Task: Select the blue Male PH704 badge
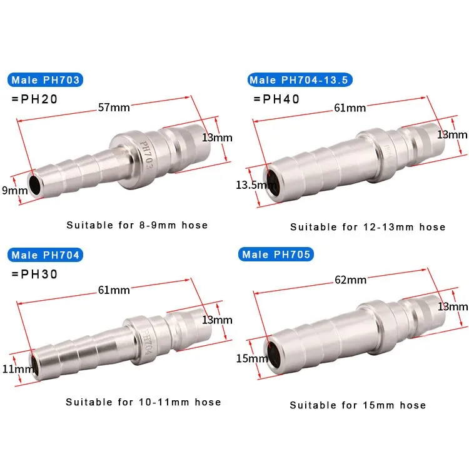pos(46,255)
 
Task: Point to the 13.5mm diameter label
pos(249,184)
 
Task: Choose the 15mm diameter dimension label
pos(251,358)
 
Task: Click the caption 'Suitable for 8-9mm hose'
pos(137,224)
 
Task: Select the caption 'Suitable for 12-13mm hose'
pos(368,227)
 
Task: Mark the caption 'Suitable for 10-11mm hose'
pos(143,402)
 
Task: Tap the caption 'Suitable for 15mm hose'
pos(358,405)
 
